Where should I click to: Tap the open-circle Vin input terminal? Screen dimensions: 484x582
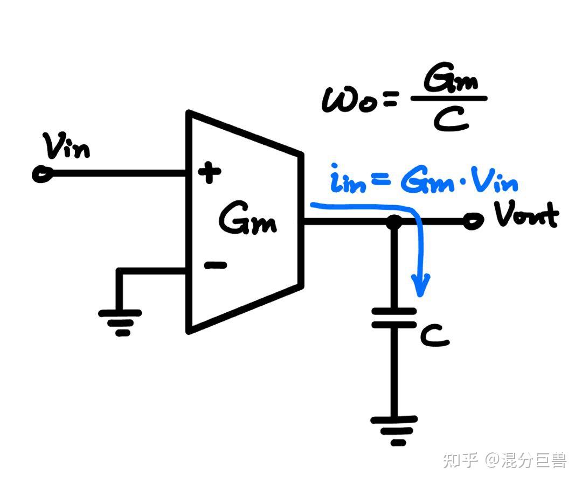(40, 174)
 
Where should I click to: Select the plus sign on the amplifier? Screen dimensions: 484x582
(210, 173)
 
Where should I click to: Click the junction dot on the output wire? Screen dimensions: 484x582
(394, 221)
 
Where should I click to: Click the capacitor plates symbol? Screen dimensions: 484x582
(394, 318)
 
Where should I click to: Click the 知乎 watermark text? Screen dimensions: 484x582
(460, 460)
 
